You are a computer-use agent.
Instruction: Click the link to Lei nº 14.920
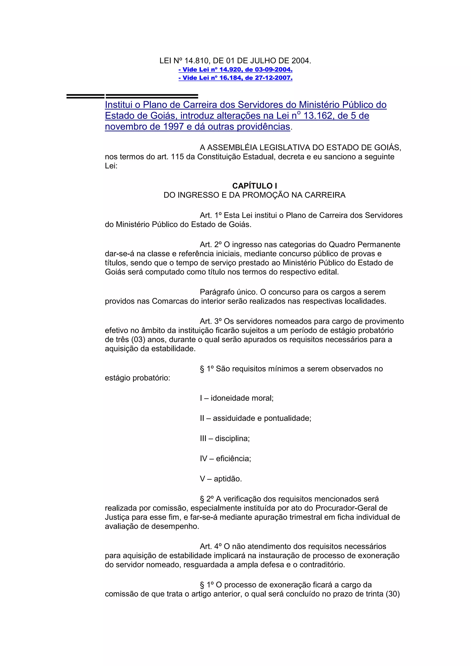235,70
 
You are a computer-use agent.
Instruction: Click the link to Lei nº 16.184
235,78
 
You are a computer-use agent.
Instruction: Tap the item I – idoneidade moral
236,398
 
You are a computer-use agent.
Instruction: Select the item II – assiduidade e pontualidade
255,418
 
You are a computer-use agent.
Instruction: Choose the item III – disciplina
224,438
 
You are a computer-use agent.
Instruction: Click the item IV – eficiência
225,459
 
